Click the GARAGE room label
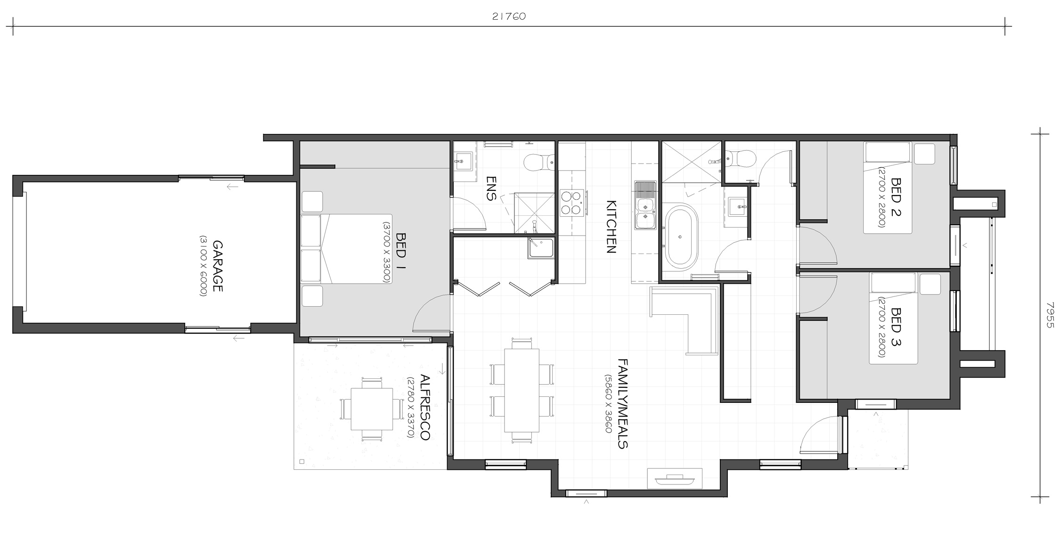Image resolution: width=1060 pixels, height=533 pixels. (x=217, y=266)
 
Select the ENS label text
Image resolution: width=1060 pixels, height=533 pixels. (x=491, y=189)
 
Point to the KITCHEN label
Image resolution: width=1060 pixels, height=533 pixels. (x=611, y=227)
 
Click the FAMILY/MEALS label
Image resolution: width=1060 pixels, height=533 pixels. (x=622, y=403)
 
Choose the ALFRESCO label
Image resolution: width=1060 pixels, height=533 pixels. (x=424, y=407)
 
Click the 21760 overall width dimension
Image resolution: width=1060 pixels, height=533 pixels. (x=509, y=16)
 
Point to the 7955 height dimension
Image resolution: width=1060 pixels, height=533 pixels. (x=1049, y=315)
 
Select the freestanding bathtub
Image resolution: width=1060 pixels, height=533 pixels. (x=680, y=237)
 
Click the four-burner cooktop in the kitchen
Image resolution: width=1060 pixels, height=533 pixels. (x=572, y=203)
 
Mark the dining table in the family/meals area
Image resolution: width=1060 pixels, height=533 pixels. (x=522, y=390)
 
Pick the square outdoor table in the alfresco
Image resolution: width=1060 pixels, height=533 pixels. (x=372, y=409)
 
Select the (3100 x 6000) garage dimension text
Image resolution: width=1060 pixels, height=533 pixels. (x=203, y=266)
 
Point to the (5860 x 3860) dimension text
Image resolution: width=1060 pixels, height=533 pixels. (x=608, y=404)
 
